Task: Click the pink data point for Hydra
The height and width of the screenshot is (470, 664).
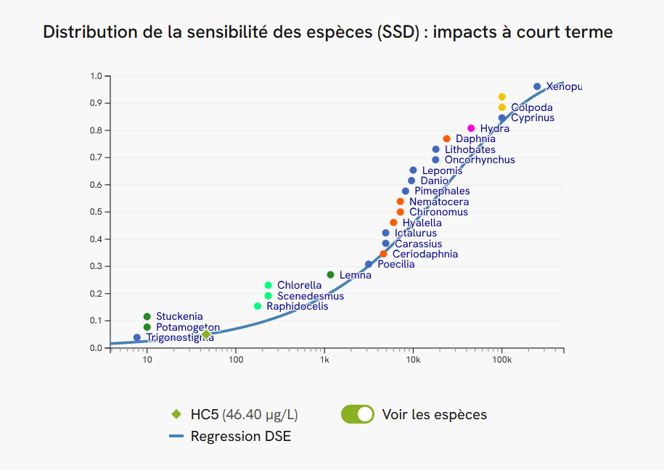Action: (x=471, y=128)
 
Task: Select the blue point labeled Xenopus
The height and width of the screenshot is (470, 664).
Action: (x=537, y=86)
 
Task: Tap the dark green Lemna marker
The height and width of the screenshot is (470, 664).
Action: (x=330, y=275)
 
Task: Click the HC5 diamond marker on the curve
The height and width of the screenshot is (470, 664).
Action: (x=206, y=334)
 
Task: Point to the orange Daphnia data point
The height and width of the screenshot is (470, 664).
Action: (x=446, y=139)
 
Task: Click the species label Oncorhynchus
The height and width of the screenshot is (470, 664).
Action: (x=479, y=160)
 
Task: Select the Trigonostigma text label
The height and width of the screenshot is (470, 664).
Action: (x=180, y=337)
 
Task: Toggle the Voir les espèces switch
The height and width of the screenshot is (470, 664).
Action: (x=357, y=414)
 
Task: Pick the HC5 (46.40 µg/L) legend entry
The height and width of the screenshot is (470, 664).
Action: (x=243, y=415)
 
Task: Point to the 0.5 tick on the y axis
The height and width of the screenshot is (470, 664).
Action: (x=96, y=212)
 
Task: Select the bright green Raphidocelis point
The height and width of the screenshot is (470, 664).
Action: (x=257, y=306)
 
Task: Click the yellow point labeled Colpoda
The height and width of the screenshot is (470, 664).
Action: (x=501, y=107)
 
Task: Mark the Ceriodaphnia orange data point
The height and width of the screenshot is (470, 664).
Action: (x=383, y=254)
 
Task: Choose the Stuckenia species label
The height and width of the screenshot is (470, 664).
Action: (x=179, y=316)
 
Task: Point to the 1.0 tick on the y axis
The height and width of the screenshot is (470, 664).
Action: (x=96, y=76)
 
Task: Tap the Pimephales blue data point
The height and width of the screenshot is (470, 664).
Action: (x=405, y=191)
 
